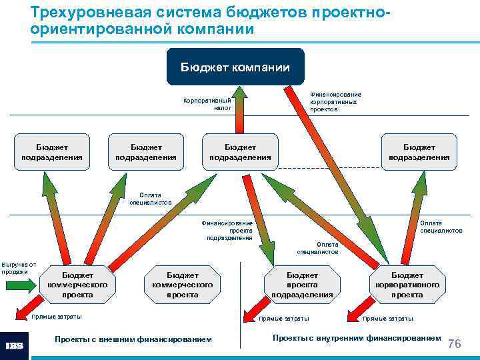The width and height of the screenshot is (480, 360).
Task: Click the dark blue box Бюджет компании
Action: [x=235, y=67]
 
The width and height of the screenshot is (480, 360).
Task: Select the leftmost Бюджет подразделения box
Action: [x=52, y=152]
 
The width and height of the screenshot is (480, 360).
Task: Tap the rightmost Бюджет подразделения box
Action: [x=419, y=152]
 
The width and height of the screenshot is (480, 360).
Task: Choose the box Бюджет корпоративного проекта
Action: [x=407, y=285]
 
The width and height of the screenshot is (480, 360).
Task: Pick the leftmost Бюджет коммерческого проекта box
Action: [x=78, y=285]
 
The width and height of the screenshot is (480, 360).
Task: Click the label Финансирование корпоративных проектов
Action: [x=333, y=102]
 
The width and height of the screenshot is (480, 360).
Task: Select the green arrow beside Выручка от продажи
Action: [x=23, y=285]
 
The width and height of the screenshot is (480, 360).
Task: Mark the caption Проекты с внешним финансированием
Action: [x=133, y=339]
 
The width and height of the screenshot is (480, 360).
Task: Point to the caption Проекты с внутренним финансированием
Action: [x=357, y=338]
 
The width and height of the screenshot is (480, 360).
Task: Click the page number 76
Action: [x=455, y=344]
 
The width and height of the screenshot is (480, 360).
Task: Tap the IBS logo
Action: [x=15, y=345]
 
